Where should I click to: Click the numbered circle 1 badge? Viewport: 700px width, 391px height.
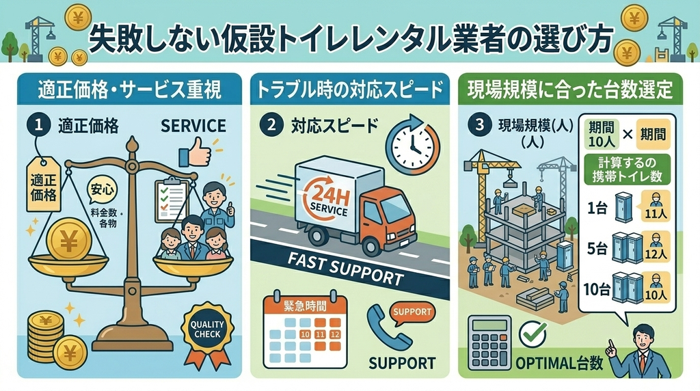pos(39,125)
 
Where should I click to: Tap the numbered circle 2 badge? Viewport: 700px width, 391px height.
pos(271,125)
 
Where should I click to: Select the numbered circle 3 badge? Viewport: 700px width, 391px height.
pos(479,125)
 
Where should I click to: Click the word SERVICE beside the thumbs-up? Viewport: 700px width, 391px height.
pos(193,126)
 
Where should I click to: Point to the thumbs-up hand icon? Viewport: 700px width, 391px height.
pos(196,152)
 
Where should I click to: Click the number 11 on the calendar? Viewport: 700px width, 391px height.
pos(320,334)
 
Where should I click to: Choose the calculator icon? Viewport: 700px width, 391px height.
pos(489,342)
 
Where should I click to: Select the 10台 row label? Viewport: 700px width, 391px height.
pos(597,290)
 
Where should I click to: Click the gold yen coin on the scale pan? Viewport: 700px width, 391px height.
pos(69,241)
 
